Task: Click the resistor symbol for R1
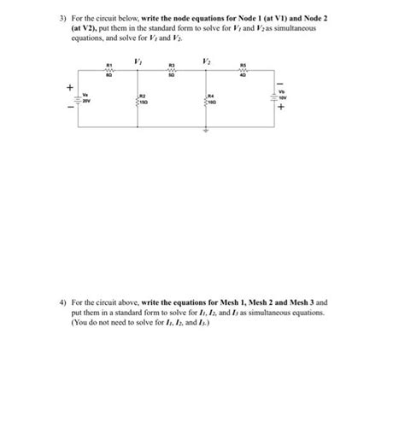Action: click(109, 71)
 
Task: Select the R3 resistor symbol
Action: click(172, 71)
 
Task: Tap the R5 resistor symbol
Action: click(242, 71)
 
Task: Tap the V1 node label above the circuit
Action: click(138, 59)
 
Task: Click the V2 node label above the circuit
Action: click(206, 59)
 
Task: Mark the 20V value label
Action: click(87, 100)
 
